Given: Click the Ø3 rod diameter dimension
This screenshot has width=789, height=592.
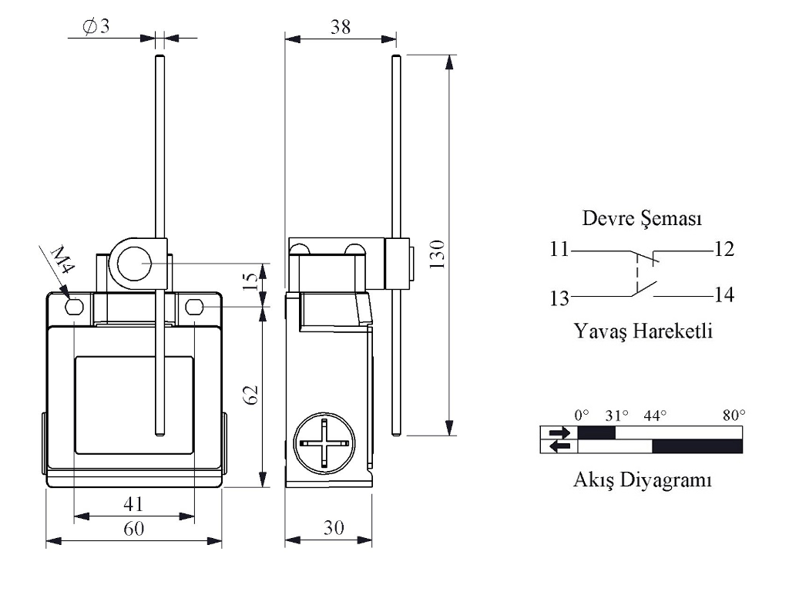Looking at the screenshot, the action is [96, 25].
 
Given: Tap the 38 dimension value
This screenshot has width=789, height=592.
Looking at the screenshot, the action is [340, 27].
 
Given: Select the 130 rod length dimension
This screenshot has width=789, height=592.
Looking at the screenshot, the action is [438, 254].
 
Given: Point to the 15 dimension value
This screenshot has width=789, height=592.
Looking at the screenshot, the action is [250, 282].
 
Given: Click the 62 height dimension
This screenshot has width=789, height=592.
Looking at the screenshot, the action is [250, 395].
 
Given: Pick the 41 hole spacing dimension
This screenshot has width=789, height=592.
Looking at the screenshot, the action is [133, 504].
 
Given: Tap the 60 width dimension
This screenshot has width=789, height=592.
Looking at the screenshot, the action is [134, 529].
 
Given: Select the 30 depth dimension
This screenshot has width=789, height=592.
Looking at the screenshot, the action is [334, 527].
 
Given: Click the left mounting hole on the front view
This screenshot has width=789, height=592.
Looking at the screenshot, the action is [74, 306].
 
